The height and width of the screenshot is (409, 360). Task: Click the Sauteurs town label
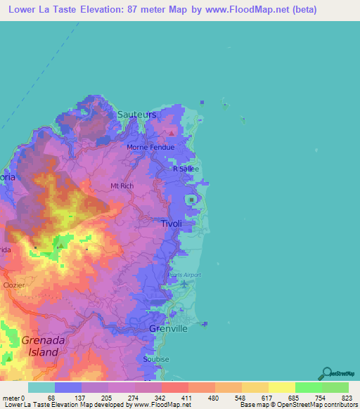click(x=137, y=114)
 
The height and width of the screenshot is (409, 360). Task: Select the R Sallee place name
click(x=186, y=169)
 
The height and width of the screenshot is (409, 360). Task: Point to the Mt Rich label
click(x=122, y=186)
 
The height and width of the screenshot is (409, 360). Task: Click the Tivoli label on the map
click(x=172, y=223)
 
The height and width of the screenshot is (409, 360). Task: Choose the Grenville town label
click(x=169, y=328)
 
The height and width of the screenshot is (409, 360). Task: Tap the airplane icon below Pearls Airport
click(x=184, y=284)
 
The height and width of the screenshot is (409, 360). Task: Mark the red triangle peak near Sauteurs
click(x=169, y=131)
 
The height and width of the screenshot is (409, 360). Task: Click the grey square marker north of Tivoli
click(x=192, y=200)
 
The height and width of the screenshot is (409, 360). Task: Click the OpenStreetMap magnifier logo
click(x=326, y=373)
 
